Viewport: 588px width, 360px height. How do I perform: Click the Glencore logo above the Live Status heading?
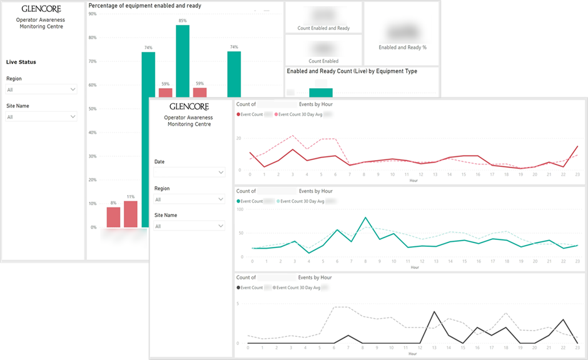click(x=41, y=9)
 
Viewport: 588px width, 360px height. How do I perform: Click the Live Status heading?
click(x=21, y=62)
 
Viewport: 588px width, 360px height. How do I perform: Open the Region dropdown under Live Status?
click(x=41, y=89)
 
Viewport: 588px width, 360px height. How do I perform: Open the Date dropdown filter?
click(x=190, y=172)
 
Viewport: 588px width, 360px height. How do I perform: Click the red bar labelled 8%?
click(x=113, y=217)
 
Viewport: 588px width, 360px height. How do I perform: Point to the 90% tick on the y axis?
click(x=93, y=13)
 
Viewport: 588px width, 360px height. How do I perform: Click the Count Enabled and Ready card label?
click(x=323, y=28)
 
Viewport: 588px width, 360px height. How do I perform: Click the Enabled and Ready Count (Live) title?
click(x=352, y=71)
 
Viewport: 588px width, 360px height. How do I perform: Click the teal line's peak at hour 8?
click(x=365, y=217)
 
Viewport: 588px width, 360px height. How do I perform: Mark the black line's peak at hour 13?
click(x=434, y=311)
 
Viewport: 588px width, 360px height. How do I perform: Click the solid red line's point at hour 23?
click(x=577, y=146)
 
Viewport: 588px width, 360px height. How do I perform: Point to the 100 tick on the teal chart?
click(x=240, y=209)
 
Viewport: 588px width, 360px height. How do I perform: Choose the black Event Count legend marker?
click(x=238, y=287)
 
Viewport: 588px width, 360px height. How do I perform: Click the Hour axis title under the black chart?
click(x=413, y=354)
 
